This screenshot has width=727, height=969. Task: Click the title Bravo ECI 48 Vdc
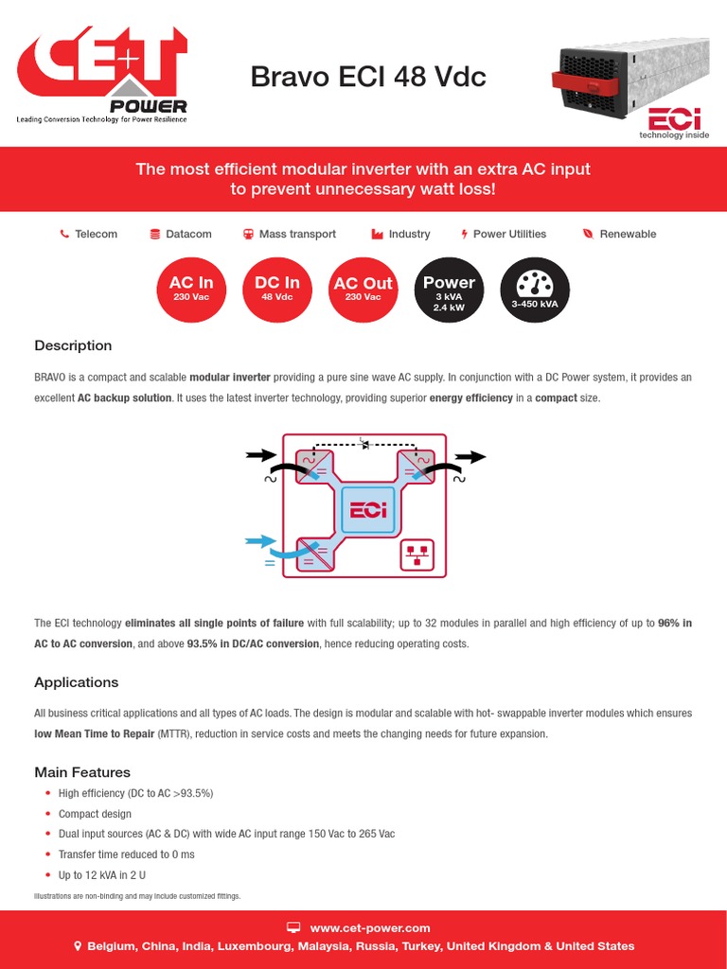point(368,77)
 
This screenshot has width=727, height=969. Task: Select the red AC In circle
point(191,288)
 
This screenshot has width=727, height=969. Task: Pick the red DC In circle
point(277,288)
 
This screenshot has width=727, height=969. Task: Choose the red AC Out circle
point(363,288)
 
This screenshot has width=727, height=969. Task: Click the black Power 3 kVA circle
point(449,288)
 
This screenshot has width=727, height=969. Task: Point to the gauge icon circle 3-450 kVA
point(535,288)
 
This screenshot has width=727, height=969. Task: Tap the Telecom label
point(96,234)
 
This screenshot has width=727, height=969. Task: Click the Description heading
point(73,345)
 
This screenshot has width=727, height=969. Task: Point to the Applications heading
point(77,682)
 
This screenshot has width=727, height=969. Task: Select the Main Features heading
point(82,772)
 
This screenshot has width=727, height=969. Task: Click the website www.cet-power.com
point(370,928)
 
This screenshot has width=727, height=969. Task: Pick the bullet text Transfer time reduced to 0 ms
point(126,854)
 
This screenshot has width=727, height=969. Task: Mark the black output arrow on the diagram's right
point(470,457)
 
